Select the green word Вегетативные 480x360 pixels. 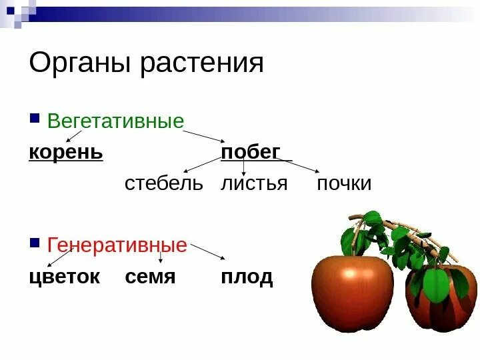point(115,122)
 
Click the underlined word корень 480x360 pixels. point(66,153)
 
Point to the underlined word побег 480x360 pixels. point(251,153)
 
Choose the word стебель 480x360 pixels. point(163,183)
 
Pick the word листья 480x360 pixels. point(254,183)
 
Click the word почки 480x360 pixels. point(344,183)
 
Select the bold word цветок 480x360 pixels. point(64,277)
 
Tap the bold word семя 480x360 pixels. point(150,277)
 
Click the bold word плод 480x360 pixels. point(247,277)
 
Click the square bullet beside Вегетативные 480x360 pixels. point(35,121)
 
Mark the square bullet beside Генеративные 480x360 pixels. point(35,244)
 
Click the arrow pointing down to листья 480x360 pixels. point(243,167)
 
